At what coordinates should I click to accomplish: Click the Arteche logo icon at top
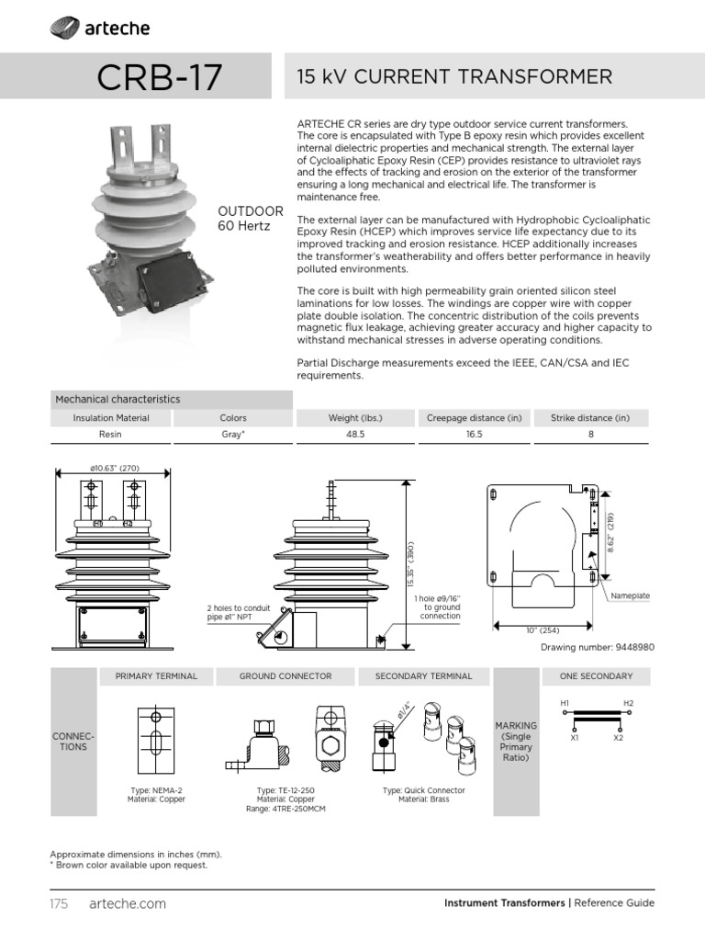(x=63, y=30)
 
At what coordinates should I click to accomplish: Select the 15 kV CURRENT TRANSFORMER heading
(x=454, y=77)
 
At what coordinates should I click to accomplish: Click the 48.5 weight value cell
(x=355, y=435)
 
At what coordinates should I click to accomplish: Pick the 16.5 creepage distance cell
(x=473, y=435)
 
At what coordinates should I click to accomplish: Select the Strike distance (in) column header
(x=590, y=418)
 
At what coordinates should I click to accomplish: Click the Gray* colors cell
(x=232, y=435)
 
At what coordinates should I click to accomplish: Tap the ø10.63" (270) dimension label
(x=114, y=469)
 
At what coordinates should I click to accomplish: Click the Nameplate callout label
(x=631, y=595)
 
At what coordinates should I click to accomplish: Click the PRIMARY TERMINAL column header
(x=156, y=676)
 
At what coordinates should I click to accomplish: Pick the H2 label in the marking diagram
(x=629, y=703)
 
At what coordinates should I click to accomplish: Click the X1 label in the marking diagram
(x=575, y=738)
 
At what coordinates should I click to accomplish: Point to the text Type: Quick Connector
(x=423, y=790)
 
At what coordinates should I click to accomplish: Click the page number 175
(x=60, y=903)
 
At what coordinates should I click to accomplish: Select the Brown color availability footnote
(x=129, y=865)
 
